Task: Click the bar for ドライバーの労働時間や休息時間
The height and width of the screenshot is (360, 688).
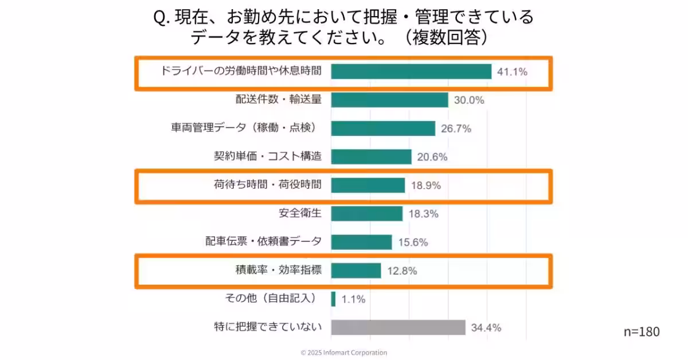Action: [x=411, y=72]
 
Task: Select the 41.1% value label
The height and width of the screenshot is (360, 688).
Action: [x=512, y=72]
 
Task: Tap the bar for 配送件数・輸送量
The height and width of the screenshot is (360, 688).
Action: [x=389, y=100]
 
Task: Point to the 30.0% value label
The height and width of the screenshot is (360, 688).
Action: [x=469, y=100]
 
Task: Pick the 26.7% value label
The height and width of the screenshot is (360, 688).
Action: [x=456, y=129]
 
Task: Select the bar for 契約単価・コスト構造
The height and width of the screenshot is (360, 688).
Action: [x=371, y=157]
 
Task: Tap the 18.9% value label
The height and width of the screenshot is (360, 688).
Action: [x=426, y=186]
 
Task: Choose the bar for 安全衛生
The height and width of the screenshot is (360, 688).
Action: [x=367, y=214]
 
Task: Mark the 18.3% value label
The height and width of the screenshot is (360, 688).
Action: [x=424, y=214]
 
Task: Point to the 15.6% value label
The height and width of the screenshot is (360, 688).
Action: [x=413, y=242]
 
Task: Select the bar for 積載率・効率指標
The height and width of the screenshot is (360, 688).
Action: [x=356, y=271]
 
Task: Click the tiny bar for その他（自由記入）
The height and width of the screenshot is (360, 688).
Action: [x=333, y=299]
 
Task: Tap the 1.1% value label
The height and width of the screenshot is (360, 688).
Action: [x=353, y=299]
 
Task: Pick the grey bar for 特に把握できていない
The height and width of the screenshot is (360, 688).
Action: [x=398, y=328]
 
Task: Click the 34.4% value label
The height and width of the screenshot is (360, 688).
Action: [x=486, y=328]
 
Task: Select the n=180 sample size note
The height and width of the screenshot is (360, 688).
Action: [x=641, y=332]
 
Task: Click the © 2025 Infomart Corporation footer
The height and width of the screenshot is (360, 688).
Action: [x=344, y=353]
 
